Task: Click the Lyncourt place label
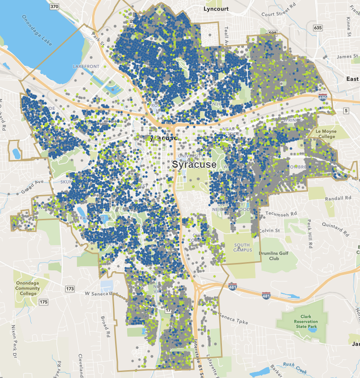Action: pyautogui.click(x=216, y=8)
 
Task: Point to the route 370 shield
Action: pyautogui.click(x=54, y=7)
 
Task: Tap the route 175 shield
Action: pyautogui.click(x=43, y=302)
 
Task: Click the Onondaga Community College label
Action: pyautogui.click(x=28, y=288)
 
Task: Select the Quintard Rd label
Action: pyautogui.click(x=327, y=225)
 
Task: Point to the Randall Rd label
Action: pyautogui.click(x=338, y=198)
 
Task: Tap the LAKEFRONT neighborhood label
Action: pyautogui.click(x=86, y=67)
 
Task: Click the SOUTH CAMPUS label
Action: pyautogui.click(x=243, y=248)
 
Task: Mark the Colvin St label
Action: pyautogui.click(x=269, y=230)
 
